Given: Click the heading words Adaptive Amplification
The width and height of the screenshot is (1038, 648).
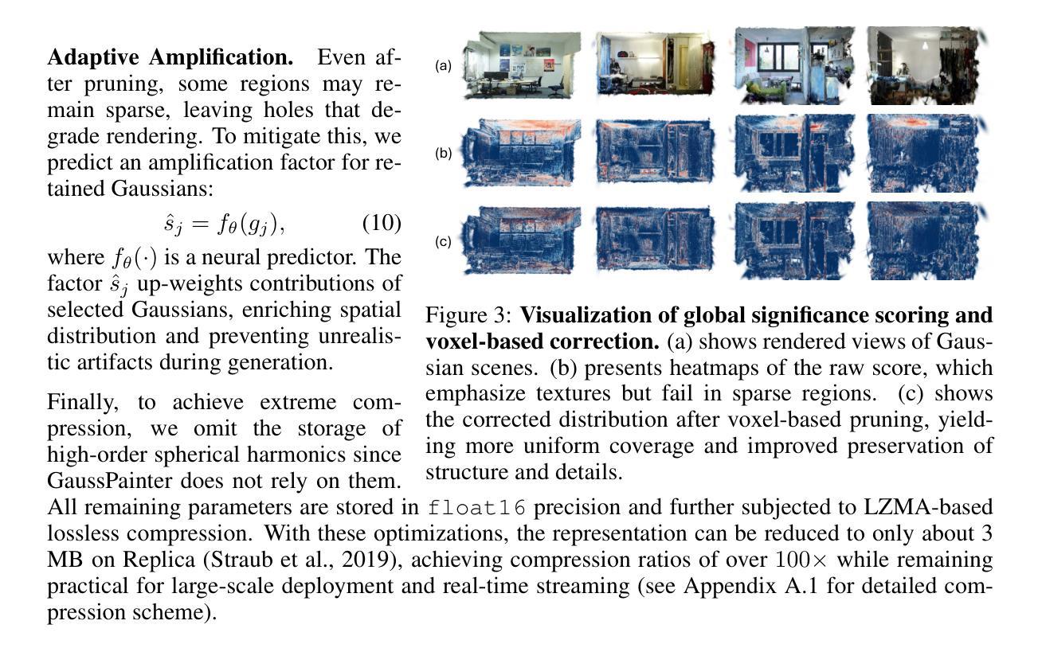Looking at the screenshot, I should point(170,58).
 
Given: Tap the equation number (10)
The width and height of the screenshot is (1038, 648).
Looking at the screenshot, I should point(382,224).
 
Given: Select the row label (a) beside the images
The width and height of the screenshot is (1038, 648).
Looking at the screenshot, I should point(444,67).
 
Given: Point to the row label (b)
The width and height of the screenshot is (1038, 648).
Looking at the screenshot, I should point(444,154).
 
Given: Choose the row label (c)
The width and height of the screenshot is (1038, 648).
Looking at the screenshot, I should point(444,242).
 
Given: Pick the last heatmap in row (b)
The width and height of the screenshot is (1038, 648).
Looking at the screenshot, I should point(927,154).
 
